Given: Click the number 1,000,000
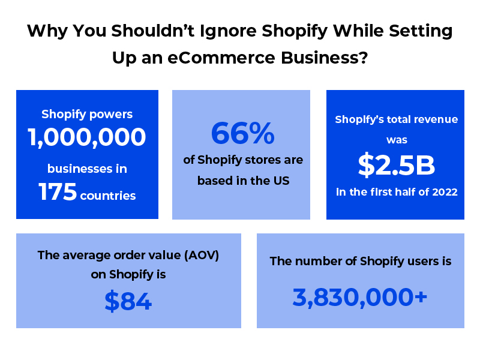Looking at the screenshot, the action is [x=87, y=137].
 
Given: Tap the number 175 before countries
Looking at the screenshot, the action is [x=58, y=192].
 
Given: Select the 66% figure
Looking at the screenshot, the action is [x=243, y=133].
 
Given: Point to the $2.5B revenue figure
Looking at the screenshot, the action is [x=397, y=166].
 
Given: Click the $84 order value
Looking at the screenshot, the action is [x=128, y=301].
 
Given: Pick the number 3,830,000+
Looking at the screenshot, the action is [x=360, y=297].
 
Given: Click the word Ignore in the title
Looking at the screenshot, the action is [x=228, y=31].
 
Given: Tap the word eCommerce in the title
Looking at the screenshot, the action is [x=221, y=58].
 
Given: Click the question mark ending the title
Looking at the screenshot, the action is [x=364, y=58].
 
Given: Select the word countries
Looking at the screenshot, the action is [x=108, y=196].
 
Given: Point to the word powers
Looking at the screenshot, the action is [x=111, y=115].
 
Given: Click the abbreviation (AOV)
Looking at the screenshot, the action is [x=202, y=256].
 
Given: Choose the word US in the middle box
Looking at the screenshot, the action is [x=281, y=181].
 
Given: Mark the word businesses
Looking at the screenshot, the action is [x=80, y=169].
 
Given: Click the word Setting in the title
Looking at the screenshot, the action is [x=421, y=31].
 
